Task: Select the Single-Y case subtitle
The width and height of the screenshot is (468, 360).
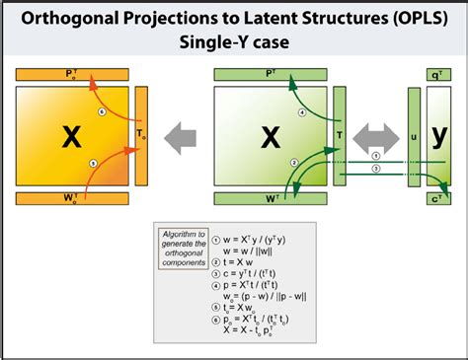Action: [233, 44]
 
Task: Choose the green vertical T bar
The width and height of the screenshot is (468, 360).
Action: [339, 138]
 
